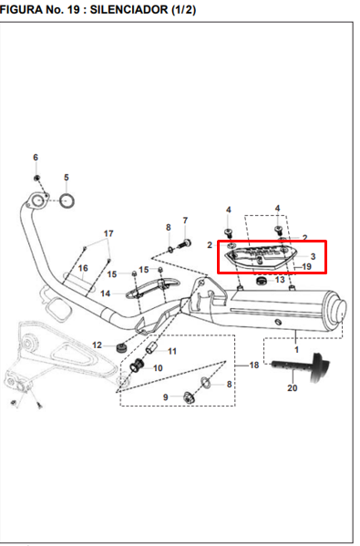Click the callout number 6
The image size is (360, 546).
pos(36,158)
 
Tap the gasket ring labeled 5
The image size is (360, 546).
pos(67,201)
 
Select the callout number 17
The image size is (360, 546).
pos(108,233)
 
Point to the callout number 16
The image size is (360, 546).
pos(83,268)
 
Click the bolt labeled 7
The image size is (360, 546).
pos(183,242)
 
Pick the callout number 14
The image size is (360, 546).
pos(105,294)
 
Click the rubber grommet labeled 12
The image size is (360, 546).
pos(121,347)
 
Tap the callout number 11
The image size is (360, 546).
pos(172,351)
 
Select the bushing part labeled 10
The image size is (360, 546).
pos(137,366)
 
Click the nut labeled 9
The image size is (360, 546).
pos(189,397)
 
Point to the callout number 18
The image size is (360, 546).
pos(254,365)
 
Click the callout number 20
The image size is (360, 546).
pos(293,388)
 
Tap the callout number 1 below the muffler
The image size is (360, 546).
pos(296,349)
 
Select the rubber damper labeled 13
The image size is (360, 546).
pos(261,281)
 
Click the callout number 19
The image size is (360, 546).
pos(306,267)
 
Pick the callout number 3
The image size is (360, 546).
pos(313,257)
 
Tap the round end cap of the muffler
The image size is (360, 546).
pos(339,310)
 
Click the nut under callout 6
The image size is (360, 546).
pos(36,178)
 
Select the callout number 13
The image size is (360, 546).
pos(280,280)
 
